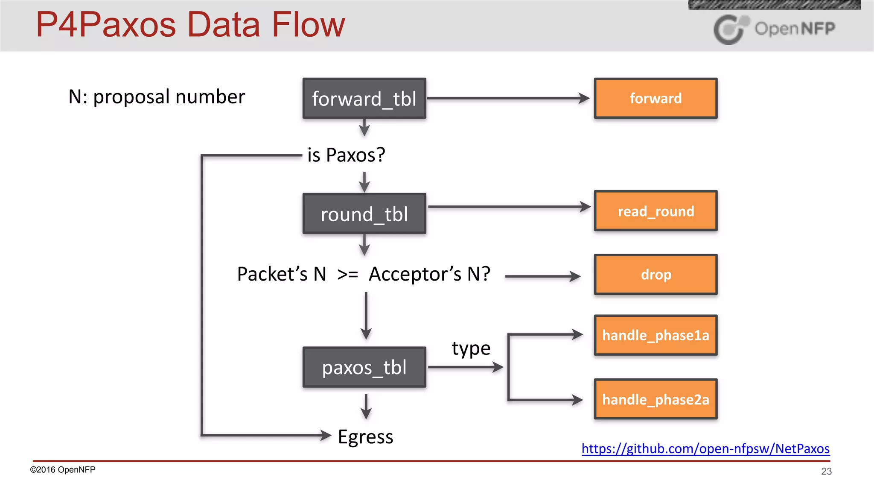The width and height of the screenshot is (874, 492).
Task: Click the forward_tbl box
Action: (x=364, y=98)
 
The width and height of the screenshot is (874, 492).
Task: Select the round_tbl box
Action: (x=364, y=214)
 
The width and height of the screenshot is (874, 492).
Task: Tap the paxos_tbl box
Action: (x=364, y=367)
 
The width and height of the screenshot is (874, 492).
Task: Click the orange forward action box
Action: (x=655, y=98)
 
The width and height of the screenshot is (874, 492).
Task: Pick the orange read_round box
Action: (x=655, y=211)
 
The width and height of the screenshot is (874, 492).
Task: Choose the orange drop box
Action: (x=655, y=275)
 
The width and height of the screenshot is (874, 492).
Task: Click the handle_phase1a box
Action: (x=655, y=335)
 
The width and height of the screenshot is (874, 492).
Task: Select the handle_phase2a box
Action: (x=655, y=399)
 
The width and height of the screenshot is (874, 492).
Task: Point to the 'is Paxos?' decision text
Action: (x=346, y=155)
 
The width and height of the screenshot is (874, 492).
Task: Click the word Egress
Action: (x=365, y=437)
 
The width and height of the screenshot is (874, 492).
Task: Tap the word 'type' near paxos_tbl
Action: (x=471, y=348)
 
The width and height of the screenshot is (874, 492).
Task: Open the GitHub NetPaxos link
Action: (x=705, y=448)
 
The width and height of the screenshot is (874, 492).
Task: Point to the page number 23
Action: (x=826, y=471)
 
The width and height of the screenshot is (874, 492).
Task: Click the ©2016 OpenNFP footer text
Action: (x=63, y=470)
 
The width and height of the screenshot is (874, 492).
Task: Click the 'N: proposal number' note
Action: (x=157, y=97)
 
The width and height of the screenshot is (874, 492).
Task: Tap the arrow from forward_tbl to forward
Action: (x=508, y=98)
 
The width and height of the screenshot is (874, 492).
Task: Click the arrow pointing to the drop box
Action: (x=542, y=276)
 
